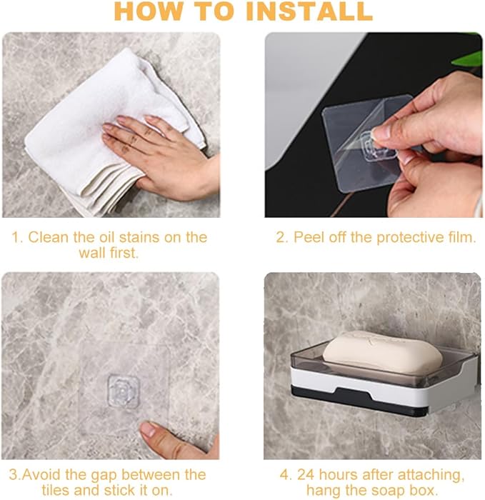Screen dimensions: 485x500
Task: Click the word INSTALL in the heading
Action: pos(309,11)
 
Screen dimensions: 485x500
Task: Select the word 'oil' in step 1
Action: pos(106,237)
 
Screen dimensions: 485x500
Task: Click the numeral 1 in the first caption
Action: pos(16,238)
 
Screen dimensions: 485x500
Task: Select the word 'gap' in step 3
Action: pos(104,476)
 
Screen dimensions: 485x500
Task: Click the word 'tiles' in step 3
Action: pos(56,490)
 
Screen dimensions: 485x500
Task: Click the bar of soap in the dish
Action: pos(383,352)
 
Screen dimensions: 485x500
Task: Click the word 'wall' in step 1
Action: pos(93,253)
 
